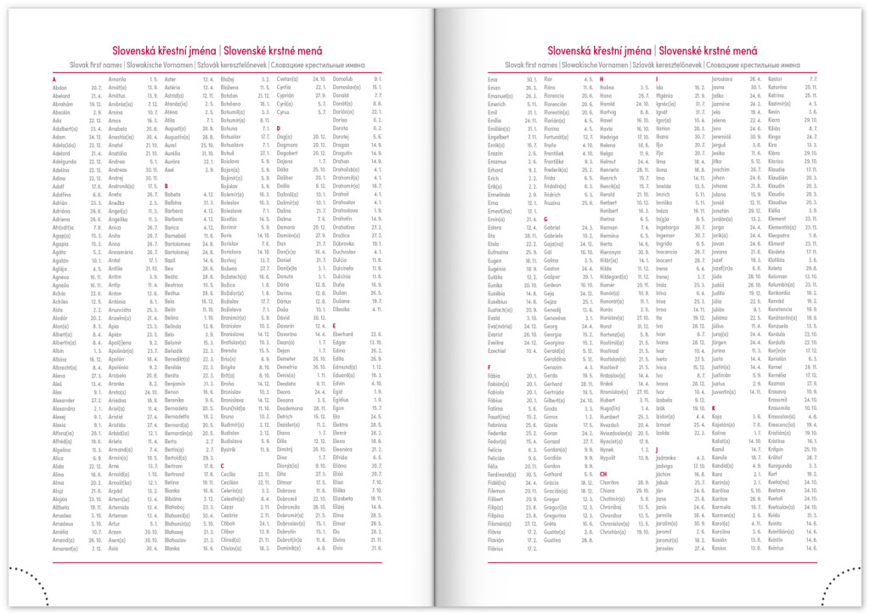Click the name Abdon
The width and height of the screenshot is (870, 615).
coord(60,87)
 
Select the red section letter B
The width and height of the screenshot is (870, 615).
coord(167,185)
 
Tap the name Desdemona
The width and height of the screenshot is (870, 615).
coord(291,407)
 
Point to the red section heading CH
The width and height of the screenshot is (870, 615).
coord(603,474)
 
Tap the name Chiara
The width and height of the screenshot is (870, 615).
coord(608,492)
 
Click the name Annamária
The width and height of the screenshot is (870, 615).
coord(121,252)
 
